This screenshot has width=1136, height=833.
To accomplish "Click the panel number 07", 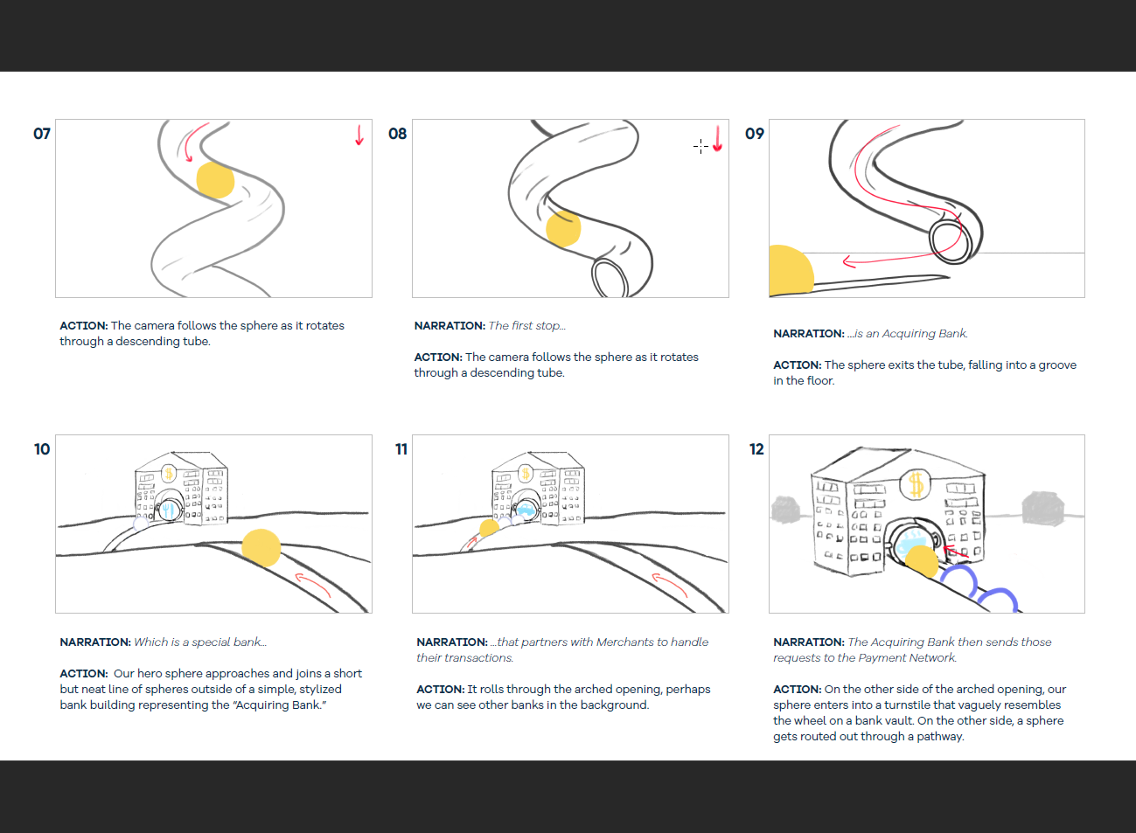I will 42,134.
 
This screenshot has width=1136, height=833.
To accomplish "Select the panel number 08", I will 398,134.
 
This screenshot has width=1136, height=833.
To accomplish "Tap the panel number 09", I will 755,134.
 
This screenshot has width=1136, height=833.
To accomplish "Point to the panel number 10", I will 42,449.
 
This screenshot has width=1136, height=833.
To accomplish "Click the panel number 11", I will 401,449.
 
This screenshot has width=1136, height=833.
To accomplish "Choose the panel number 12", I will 756,449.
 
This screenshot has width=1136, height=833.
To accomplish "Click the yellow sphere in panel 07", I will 215,181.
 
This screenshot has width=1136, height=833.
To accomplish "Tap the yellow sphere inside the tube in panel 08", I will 563,228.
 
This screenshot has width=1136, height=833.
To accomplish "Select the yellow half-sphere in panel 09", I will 789,272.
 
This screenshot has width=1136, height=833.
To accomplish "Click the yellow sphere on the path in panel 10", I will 261,548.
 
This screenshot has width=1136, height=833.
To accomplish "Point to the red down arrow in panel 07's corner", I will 359,135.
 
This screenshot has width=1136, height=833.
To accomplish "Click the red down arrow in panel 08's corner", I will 717,139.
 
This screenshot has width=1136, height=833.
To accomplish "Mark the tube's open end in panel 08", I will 610,279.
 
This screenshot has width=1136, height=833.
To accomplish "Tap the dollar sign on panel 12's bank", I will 916,483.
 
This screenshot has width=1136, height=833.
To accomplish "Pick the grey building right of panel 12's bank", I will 1042,508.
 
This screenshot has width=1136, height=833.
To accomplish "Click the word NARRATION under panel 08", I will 450,326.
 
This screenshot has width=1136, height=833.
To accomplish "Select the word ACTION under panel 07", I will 83,326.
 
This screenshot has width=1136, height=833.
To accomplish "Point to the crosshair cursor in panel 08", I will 701,146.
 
